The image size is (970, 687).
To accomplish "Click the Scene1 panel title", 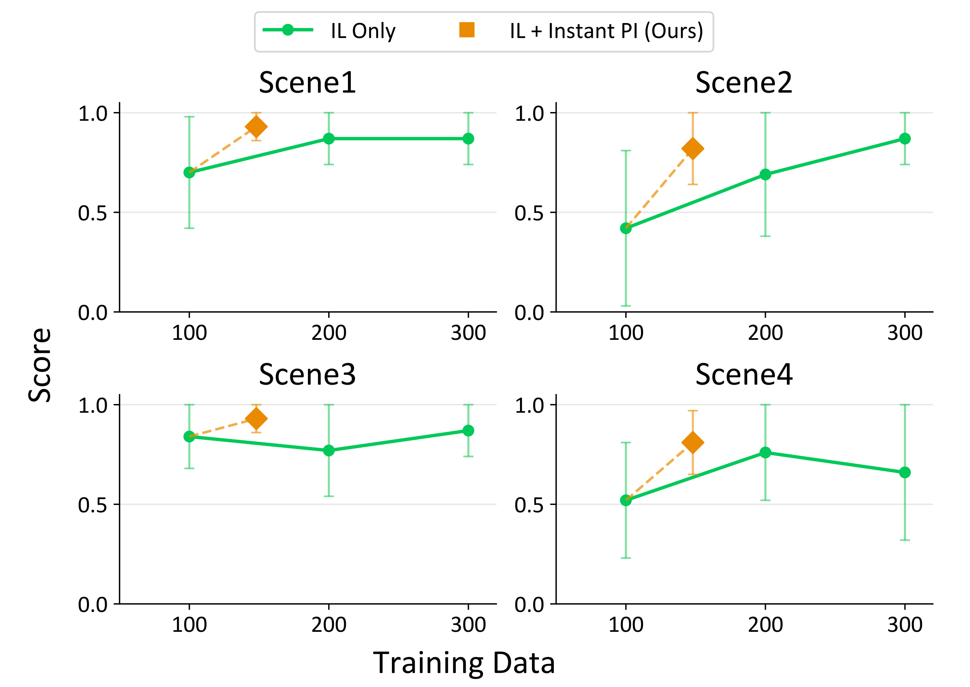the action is click(x=308, y=82).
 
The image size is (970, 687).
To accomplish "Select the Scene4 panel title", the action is click(x=744, y=375).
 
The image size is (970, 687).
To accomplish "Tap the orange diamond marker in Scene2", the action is click(x=693, y=149).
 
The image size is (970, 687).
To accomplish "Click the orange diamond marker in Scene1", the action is click(x=256, y=126).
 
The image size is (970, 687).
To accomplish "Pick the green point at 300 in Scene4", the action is click(x=905, y=472).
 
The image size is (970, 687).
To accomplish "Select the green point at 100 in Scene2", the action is click(x=626, y=229).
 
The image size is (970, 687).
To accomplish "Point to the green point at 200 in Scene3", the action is click(x=329, y=451).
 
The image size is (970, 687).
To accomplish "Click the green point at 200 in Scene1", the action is click(x=329, y=139).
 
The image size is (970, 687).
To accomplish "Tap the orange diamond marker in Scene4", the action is click(x=693, y=442).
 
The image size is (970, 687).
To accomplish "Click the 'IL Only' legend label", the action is click(x=363, y=31).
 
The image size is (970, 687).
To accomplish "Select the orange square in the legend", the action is click(x=467, y=30).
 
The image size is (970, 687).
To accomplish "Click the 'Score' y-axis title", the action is click(x=40, y=365).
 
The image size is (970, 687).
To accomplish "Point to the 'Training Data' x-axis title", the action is click(x=464, y=662).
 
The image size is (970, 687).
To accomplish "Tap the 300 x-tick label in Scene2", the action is click(x=905, y=333).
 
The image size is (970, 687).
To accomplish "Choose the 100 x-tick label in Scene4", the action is click(x=626, y=625).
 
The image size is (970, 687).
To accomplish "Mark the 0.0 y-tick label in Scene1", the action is click(x=93, y=313).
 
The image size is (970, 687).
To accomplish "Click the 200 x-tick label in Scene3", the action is click(x=329, y=625).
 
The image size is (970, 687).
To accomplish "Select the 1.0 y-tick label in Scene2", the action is click(x=529, y=114).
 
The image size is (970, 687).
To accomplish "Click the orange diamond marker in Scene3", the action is click(x=256, y=419).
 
